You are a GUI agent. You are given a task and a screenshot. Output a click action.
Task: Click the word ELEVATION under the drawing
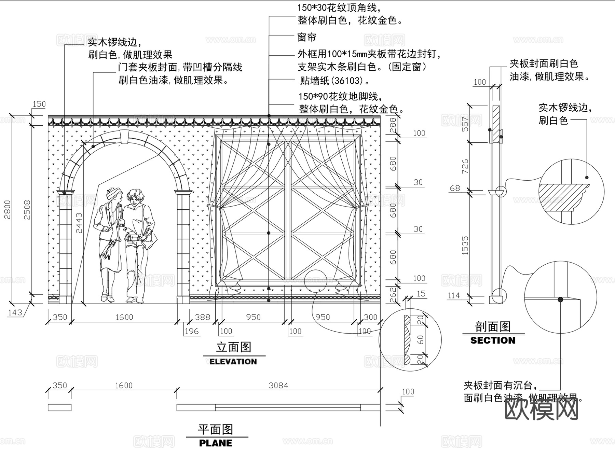point(233,362)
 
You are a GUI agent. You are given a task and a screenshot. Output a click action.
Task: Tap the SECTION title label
point(493,340)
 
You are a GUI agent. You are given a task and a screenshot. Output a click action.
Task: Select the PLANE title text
point(216,443)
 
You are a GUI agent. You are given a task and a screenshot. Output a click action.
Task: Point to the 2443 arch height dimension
point(79,223)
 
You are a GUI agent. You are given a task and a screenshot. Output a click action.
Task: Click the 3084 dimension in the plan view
point(278,386)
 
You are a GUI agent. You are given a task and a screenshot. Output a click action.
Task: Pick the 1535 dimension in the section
point(465,246)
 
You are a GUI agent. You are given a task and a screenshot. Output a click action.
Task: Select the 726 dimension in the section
point(465,166)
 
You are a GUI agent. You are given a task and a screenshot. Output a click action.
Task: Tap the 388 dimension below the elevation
point(203,317)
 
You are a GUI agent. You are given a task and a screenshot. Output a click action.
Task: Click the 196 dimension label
point(191,331)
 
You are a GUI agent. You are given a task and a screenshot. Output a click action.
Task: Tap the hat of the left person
point(113,193)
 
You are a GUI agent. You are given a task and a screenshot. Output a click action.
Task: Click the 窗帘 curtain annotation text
point(306,37)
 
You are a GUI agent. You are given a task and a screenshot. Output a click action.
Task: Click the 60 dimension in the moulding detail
point(421,340)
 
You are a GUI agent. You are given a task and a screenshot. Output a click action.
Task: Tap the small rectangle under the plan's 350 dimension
point(59,407)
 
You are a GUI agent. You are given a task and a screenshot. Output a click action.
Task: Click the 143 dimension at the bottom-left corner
point(15,312)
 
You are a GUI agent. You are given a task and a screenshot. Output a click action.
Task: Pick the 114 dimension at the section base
point(454,295)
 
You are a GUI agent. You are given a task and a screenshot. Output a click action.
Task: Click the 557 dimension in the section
point(465,124)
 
